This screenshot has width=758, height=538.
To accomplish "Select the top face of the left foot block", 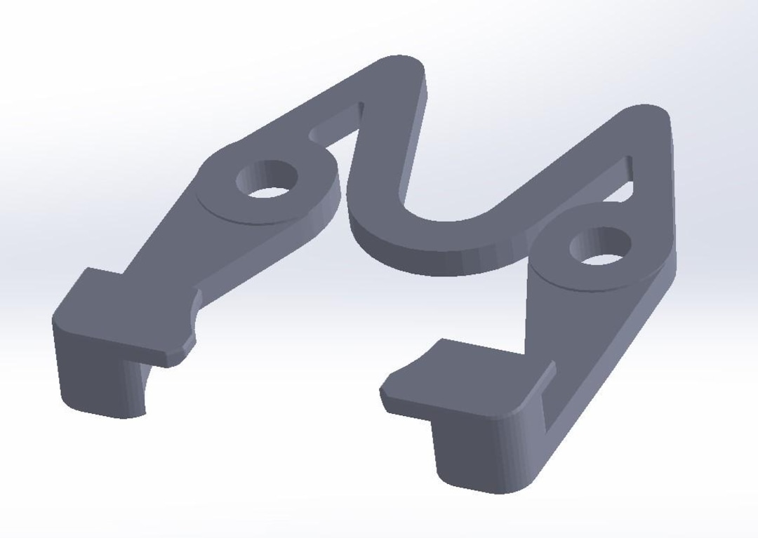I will pyautogui.click(x=112, y=309).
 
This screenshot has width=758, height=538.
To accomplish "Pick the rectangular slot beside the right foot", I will pyautogui.click(x=547, y=407).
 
